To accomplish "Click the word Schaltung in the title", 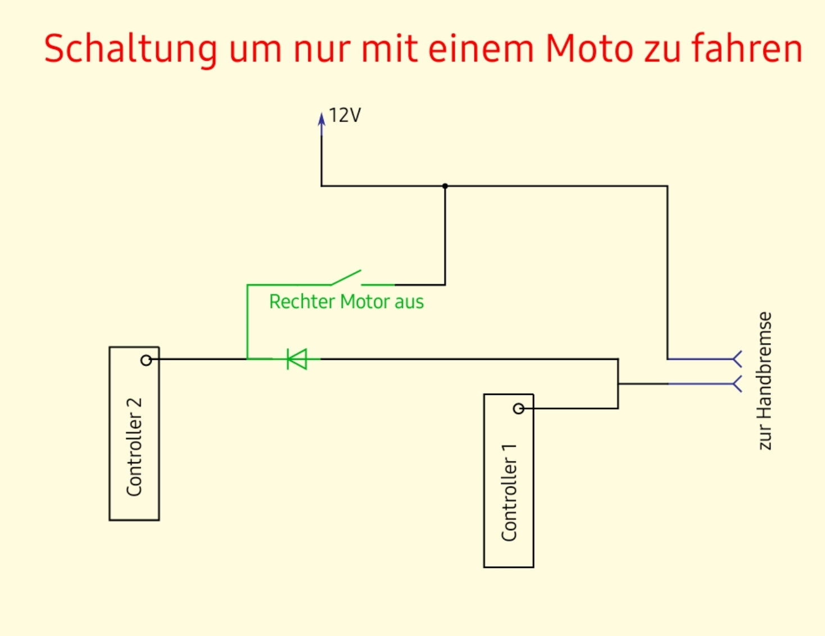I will pyautogui.click(x=130, y=49).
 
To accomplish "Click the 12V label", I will pyautogui.click(x=344, y=115).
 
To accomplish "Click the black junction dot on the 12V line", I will pyautogui.click(x=445, y=186).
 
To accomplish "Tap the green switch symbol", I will pyautogui.click(x=346, y=278).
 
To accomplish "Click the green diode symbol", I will pyautogui.click(x=297, y=359).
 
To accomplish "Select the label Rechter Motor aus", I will pyautogui.click(x=346, y=302).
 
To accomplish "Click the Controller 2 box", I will pyautogui.click(x=134, y=434).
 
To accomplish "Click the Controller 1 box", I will pyautogui.click(x=509, y=481).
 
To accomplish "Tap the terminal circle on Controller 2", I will pyautogui.click(x=146, y=360).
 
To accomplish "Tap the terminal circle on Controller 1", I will pyautogui.click(x=519, y=409).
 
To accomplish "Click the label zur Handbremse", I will pyautogui.click(x=764, y=381).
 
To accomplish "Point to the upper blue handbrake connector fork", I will pyautogui.click(x=737, y=359).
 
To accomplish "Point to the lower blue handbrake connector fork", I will pyautogui.click(x=737, y=384).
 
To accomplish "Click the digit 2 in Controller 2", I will pyautogui.click(x=134, y=405).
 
